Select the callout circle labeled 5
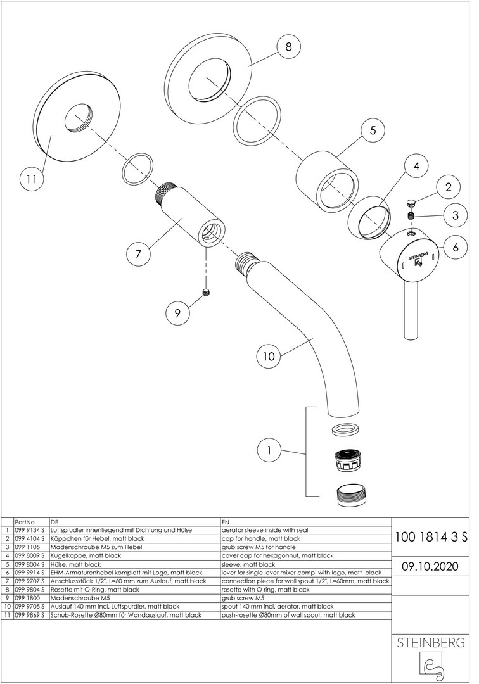(373, 130)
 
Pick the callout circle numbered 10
(269, 356)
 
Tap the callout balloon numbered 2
(448, 187)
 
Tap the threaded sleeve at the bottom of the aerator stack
(347, 493)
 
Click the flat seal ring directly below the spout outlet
(345, 429)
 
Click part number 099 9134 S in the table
(29, 529)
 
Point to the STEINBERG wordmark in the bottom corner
(431, 643)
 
